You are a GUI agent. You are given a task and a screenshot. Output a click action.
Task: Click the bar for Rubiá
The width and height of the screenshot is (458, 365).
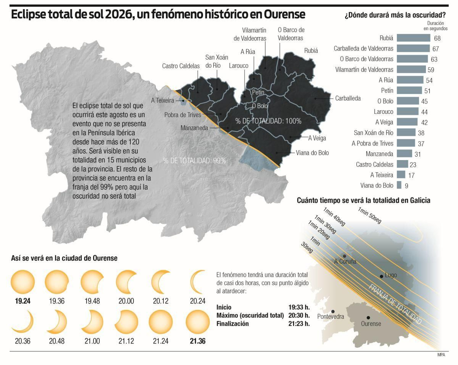click(413, 38)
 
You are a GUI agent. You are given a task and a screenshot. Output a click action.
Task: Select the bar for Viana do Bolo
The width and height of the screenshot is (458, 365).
click(399, 185)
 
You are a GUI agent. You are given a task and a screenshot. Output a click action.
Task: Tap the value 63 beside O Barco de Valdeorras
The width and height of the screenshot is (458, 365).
click(434, 59)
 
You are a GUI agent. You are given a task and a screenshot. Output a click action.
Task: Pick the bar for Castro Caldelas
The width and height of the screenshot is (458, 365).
click(402, 164)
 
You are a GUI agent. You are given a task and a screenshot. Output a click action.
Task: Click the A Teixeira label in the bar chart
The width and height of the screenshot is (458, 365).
click(382, 175)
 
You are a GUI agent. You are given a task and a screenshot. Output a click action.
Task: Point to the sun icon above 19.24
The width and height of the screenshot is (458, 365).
click(23, 282)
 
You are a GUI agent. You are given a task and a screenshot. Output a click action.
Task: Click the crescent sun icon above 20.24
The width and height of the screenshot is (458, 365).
click(198, 282)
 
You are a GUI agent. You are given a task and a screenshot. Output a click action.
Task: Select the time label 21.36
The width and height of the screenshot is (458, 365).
click(198, 341)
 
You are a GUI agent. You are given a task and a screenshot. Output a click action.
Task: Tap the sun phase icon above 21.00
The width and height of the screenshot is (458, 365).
click(92, 322)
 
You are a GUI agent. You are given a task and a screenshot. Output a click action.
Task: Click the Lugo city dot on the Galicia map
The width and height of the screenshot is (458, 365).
click(381, 276)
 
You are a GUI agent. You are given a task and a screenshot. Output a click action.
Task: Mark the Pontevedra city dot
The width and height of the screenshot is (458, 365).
click(333, 311)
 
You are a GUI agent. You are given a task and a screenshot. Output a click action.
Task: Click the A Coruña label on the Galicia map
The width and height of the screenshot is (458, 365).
click(345, 261)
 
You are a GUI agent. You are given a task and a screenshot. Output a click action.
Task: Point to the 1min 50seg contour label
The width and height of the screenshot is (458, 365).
click(370, 215)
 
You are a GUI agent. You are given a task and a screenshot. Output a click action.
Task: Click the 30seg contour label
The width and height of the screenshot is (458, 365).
click(307, 247)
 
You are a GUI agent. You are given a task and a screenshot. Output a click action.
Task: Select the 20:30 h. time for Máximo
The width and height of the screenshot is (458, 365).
click(299, 315)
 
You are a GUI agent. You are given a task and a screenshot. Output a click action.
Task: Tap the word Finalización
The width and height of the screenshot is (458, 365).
click(232, 324)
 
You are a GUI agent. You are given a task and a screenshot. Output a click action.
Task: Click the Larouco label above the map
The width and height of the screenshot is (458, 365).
click(238, 66)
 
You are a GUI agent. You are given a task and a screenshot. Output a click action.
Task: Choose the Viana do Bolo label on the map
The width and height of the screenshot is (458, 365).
click(312, 153)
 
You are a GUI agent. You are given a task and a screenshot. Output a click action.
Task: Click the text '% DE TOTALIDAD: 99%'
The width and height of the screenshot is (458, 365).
click(194, 161)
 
